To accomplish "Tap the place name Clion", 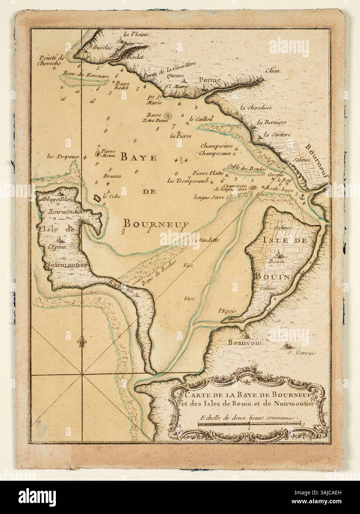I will [273, 71].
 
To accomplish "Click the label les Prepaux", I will [64, 157].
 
